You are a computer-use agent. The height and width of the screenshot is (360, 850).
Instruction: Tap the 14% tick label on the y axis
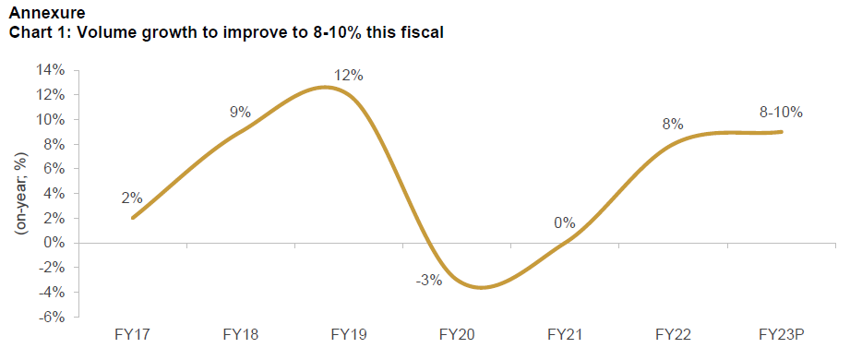point(51,70)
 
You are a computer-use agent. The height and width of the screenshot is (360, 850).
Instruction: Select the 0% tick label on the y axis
point(54,243)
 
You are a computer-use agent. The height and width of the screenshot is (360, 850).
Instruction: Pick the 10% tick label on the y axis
point(51,119)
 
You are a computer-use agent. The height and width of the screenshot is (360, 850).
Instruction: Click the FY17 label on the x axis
point(134,333)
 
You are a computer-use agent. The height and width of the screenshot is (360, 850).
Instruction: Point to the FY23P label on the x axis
point(780,333)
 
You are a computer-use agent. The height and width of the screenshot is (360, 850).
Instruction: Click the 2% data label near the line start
point(131,198)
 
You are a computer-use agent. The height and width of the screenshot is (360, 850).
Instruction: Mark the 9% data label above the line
point(240,113)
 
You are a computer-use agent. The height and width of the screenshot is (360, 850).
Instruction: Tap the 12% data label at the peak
point(348,75)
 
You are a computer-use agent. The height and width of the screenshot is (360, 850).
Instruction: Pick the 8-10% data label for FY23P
point(780,112)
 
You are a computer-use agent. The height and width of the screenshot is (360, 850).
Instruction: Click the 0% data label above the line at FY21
point(564,222)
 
